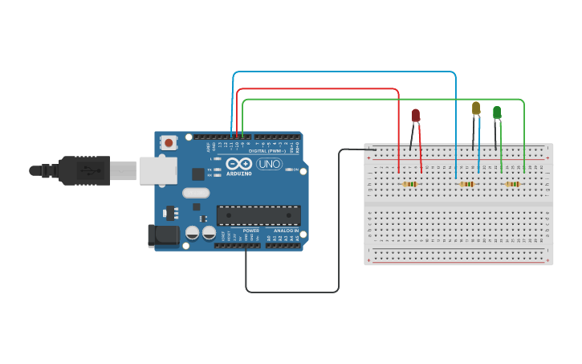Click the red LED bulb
click(x=416, y=116)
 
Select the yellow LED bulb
click(x=476, y=108)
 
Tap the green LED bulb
click(x=497, y=112)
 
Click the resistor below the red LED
click(x=410, y=184)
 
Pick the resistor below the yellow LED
click(x=466, y=184)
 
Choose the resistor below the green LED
click(x=512, y=184)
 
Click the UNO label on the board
click(x=269, y=164)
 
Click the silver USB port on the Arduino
click(x=158, y=170)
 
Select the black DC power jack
click(x=162, y=235)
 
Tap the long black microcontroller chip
click(x=258, y=215)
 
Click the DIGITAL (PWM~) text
click(x=267, y=150)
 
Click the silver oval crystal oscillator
click(x=196, y=193)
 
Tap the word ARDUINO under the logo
click(x=239, y=174)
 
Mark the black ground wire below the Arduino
click(x=292, y=292)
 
